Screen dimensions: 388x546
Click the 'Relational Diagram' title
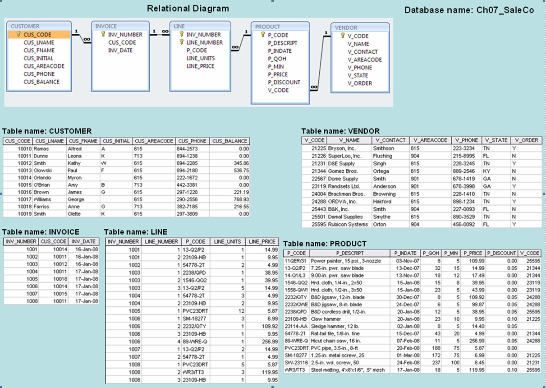[188, 9]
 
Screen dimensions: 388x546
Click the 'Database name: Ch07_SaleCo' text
[469, 10]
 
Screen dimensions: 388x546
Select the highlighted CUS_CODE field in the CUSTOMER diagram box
[38, 34]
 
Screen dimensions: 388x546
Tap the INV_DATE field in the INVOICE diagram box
[120, 51]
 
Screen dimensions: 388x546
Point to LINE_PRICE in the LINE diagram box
[200, 66]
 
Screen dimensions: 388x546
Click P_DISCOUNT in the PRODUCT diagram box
[284, 83]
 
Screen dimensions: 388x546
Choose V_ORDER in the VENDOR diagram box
[360, 83]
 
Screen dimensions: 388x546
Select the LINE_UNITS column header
[228, 242]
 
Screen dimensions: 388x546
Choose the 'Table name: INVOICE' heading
[41, 232]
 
